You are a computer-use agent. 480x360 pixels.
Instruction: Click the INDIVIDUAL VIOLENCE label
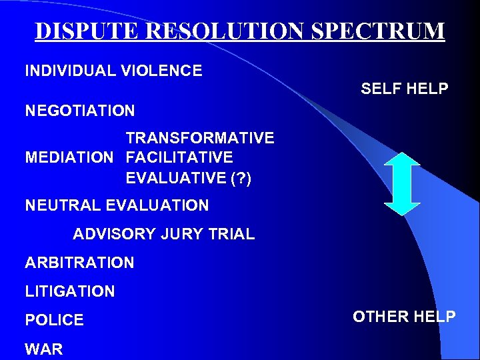[113, 71]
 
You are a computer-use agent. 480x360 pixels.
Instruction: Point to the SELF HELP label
[404, 88]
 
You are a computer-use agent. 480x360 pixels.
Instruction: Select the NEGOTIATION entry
[80, 111]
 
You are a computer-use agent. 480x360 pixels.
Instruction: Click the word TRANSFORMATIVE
[200, 138]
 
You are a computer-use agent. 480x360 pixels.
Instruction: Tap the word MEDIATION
[69, 158]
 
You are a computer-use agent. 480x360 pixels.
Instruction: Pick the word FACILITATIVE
[179, 158]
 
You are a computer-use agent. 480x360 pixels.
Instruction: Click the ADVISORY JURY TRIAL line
[163, 234]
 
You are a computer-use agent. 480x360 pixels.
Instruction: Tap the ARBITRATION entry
[79, 263]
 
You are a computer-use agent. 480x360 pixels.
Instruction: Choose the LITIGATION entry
[70, 291]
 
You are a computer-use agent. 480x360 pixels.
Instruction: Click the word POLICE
[55, 320]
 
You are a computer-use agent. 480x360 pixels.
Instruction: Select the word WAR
[44, 349]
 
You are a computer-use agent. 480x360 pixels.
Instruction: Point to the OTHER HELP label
[404, 317]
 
